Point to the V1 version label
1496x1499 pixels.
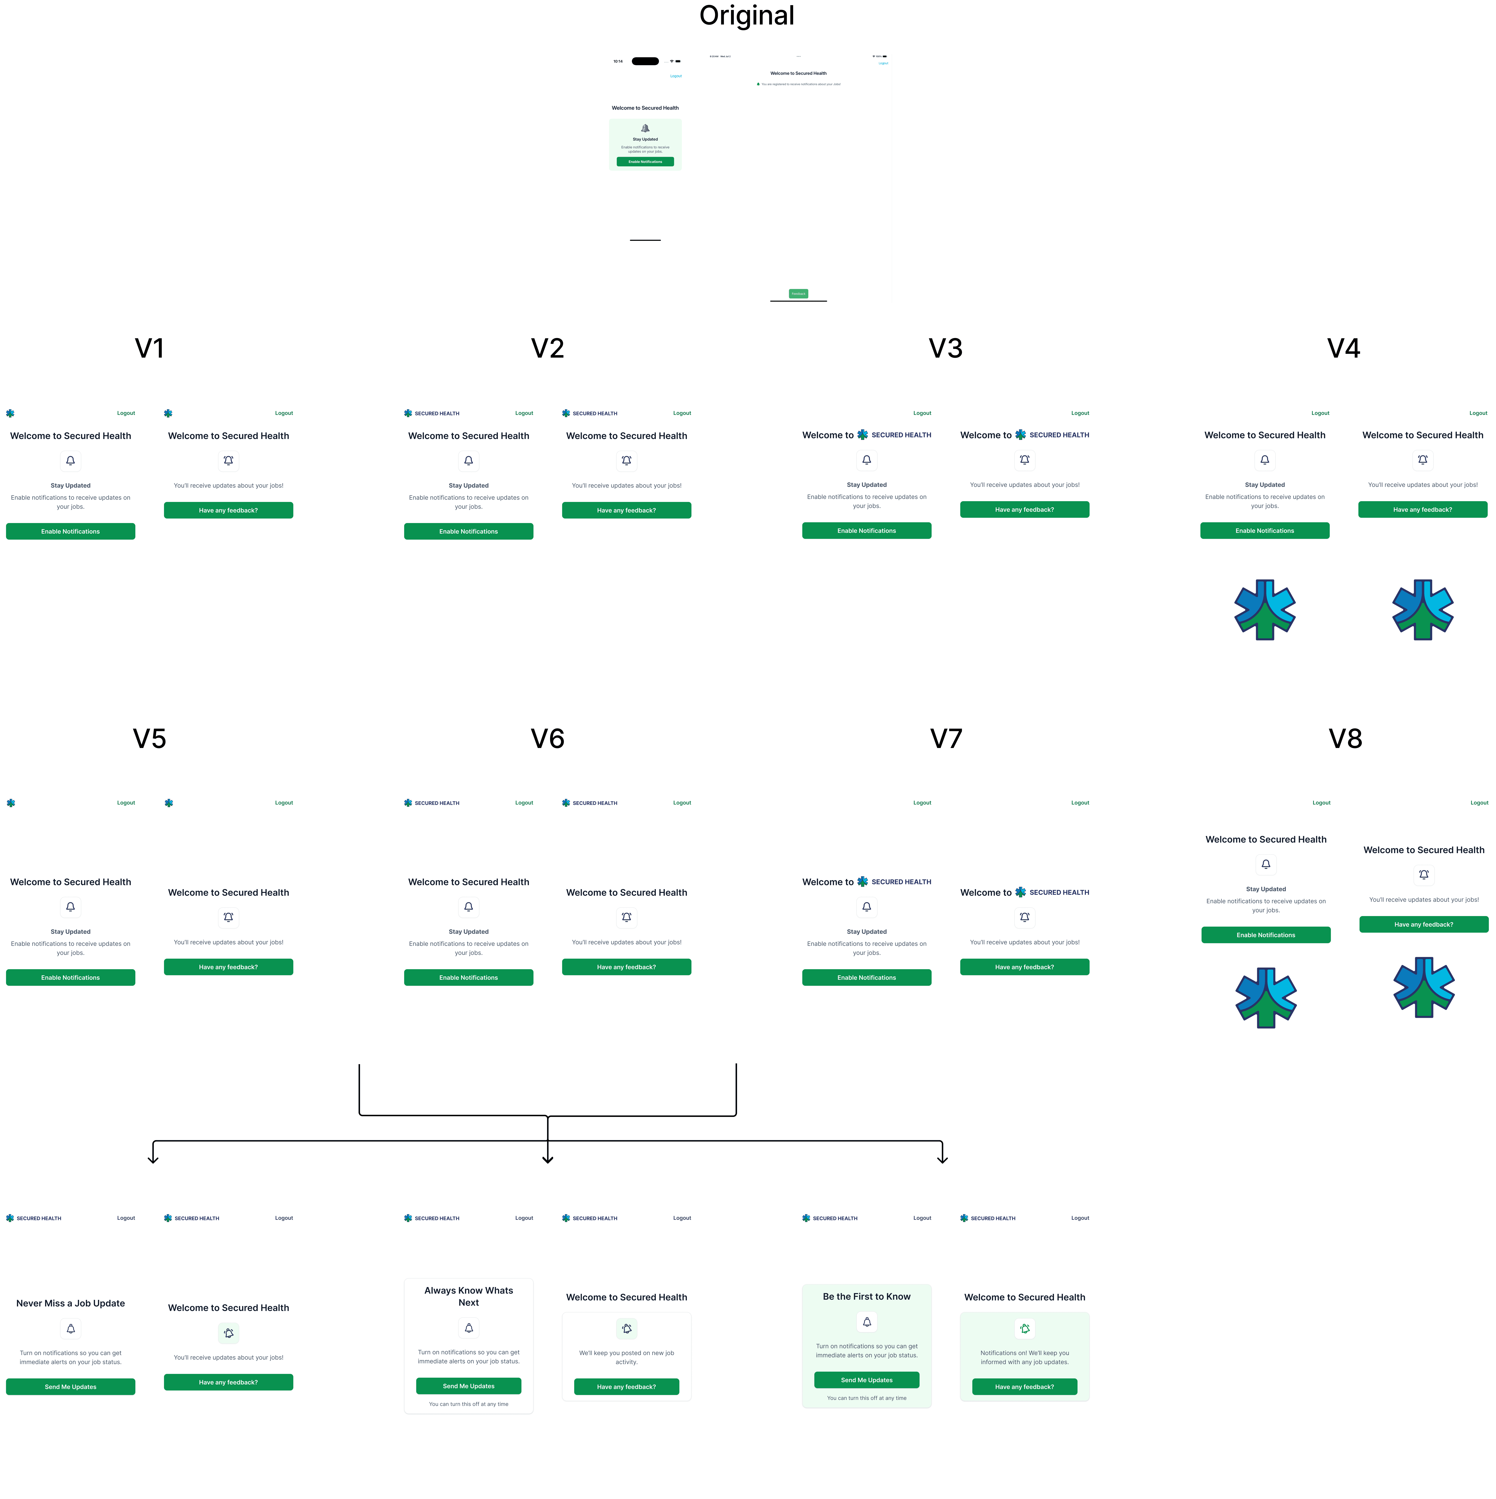click(149, 348)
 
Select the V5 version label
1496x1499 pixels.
click(149, 739)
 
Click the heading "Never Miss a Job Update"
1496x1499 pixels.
click(71, 1303)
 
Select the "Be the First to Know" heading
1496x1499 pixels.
click(866, 1296)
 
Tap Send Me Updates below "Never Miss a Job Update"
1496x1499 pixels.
click(71, 1387)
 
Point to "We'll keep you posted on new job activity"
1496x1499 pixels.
click(626, 1357)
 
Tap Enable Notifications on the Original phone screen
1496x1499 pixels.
click(645, 161)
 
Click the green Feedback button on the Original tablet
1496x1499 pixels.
click(798, 293)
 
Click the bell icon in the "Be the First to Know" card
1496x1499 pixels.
click(866, 1321)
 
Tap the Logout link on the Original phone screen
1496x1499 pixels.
click(675, 76)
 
